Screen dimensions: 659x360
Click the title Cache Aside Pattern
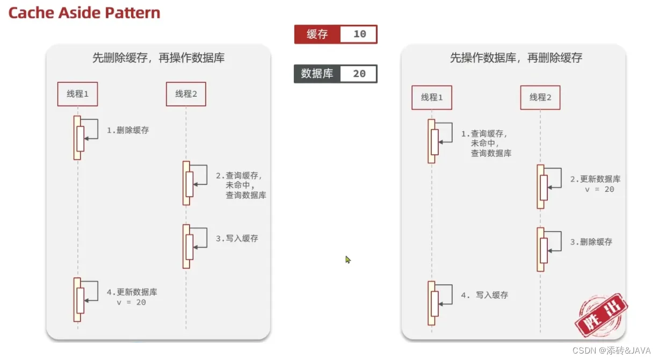point(84,13)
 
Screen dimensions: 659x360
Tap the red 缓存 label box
point(317,34)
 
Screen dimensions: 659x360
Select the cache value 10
point(359,34)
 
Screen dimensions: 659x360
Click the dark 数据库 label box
point(317,74)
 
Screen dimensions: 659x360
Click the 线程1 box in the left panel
point(78,94)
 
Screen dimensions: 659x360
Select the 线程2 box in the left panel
point(186,94)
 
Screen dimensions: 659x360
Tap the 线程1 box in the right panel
point(432,97)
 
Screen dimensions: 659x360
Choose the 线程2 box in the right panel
point(540,97)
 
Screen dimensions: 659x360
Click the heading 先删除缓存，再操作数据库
point(158,58)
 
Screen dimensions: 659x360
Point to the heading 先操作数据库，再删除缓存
point(516,58)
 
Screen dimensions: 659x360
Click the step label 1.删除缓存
point(127,130)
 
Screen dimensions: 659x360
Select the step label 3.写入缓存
point(237,238)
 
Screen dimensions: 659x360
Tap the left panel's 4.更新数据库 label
point(132,292)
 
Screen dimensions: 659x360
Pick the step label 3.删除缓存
point(591,242)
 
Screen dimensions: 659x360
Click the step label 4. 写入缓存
point(484,295)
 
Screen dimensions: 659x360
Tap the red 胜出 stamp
point(602,314)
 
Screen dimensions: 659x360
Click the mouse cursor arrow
point(347,260)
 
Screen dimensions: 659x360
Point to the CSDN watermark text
point(611,350)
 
